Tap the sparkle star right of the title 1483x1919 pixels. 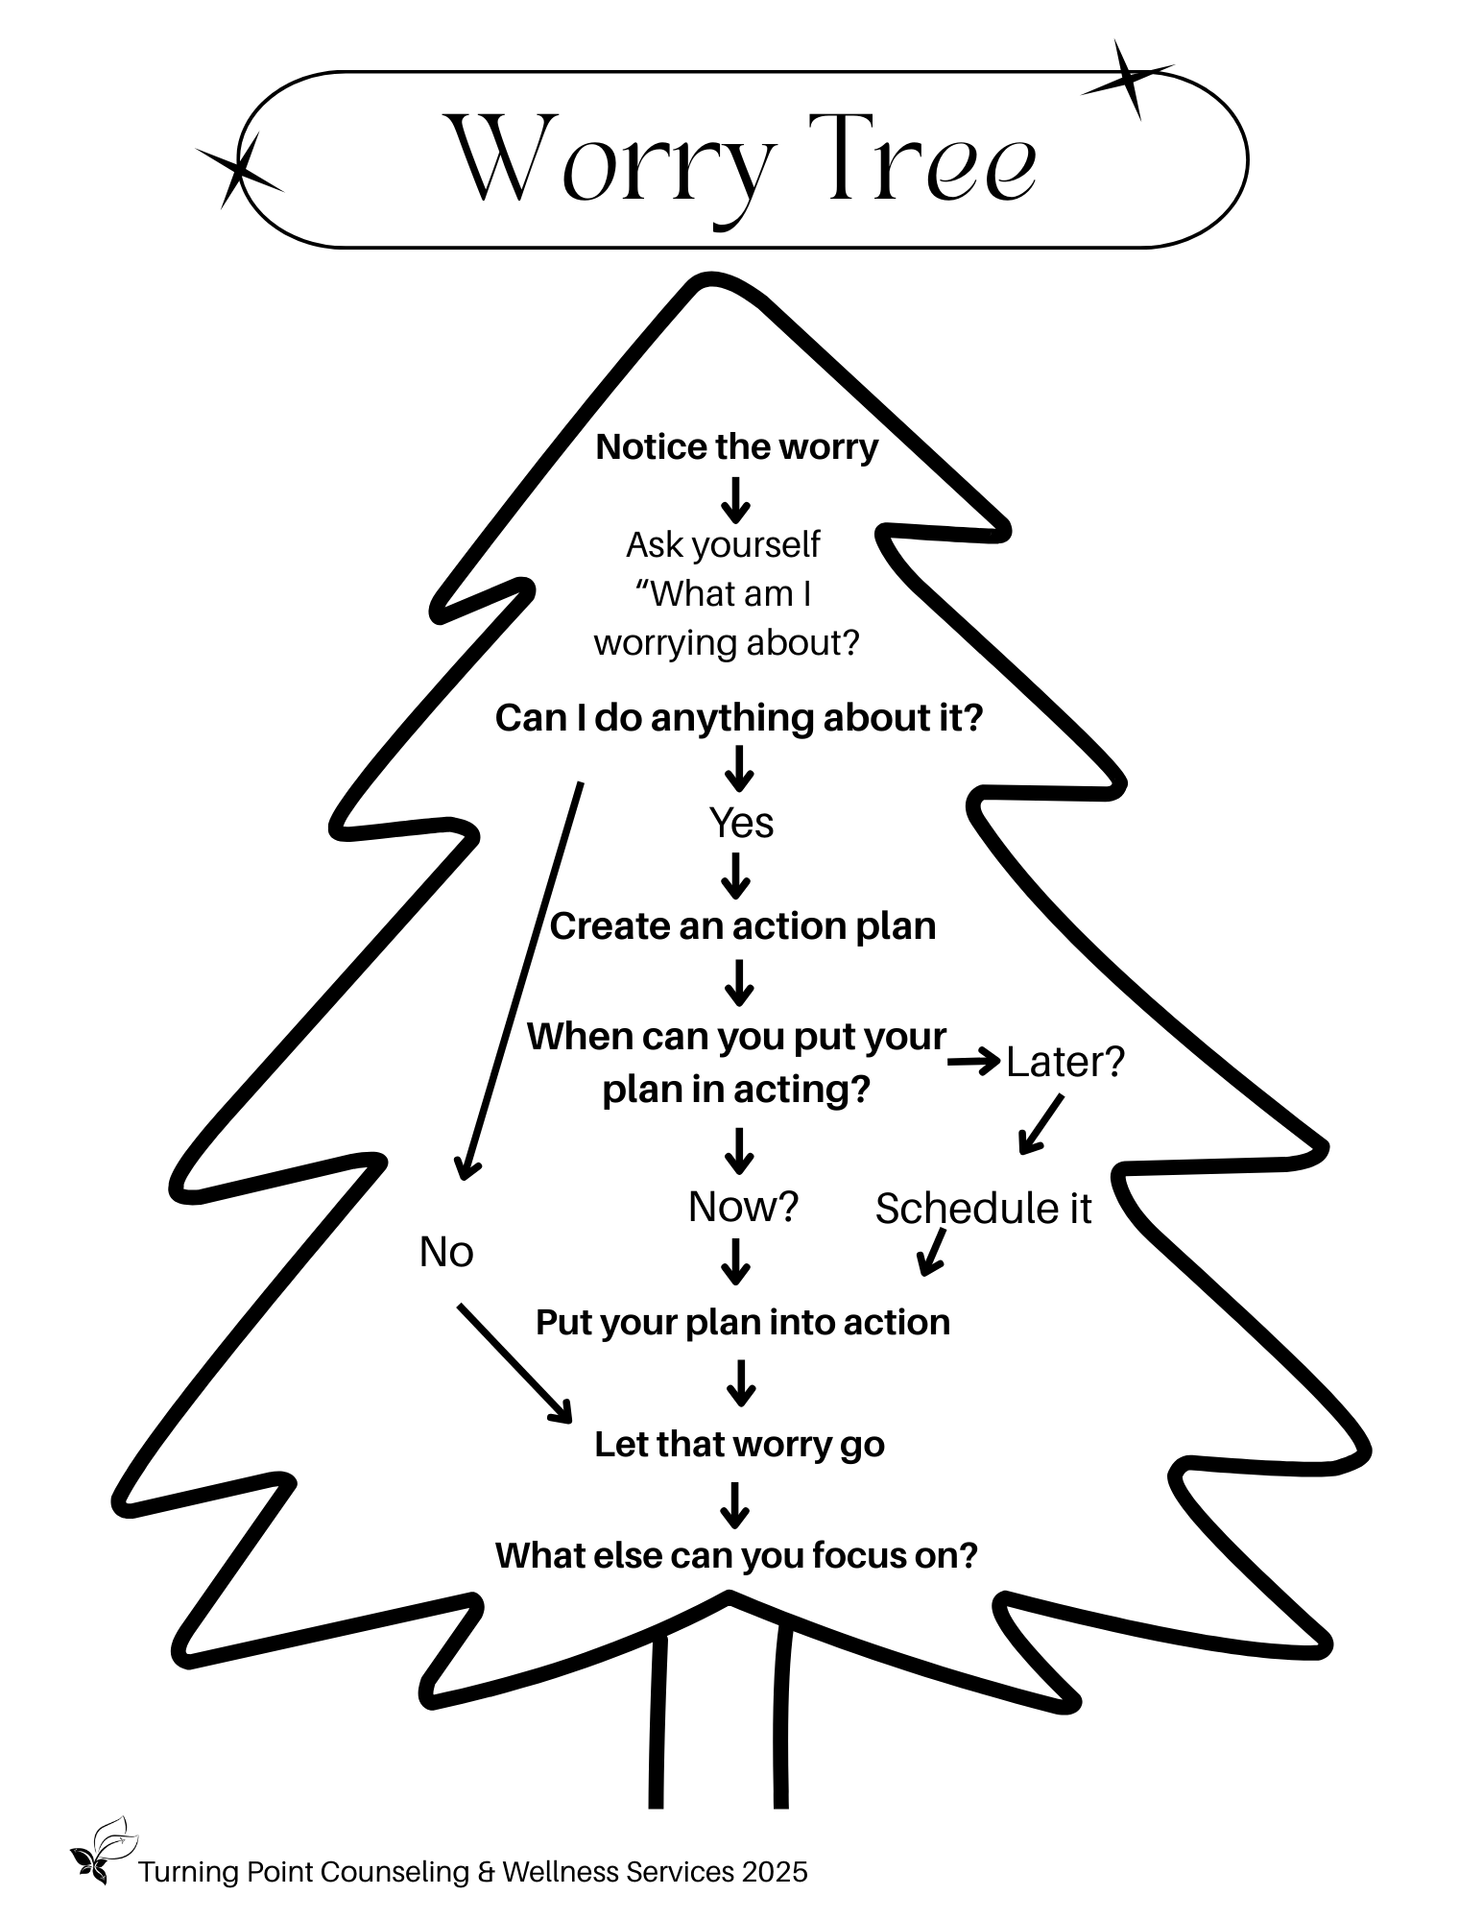tap(1129, 80)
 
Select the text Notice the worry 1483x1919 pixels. tap(736, 447)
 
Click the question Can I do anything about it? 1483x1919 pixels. tap(739, 718)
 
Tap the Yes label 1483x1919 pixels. tap(741, 823)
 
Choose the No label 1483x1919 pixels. tap(446, 1252)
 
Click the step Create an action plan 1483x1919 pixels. tap(742, 926)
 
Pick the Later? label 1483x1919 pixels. tap(1064, 1062)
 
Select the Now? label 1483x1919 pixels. tap(743, 1207)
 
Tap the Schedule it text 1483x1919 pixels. tap(983, 1209)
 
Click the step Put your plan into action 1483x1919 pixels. tap(743, 1323)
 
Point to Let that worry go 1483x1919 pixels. tap(739, 1445)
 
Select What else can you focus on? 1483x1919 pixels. tap(736, 1555)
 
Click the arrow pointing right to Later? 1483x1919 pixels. tap(973, 1062)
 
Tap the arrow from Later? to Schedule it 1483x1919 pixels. tap(1040, 1124)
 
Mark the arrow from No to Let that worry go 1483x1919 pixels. tap(514, 1362)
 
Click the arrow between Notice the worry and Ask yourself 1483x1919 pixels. tap(736, 499)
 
